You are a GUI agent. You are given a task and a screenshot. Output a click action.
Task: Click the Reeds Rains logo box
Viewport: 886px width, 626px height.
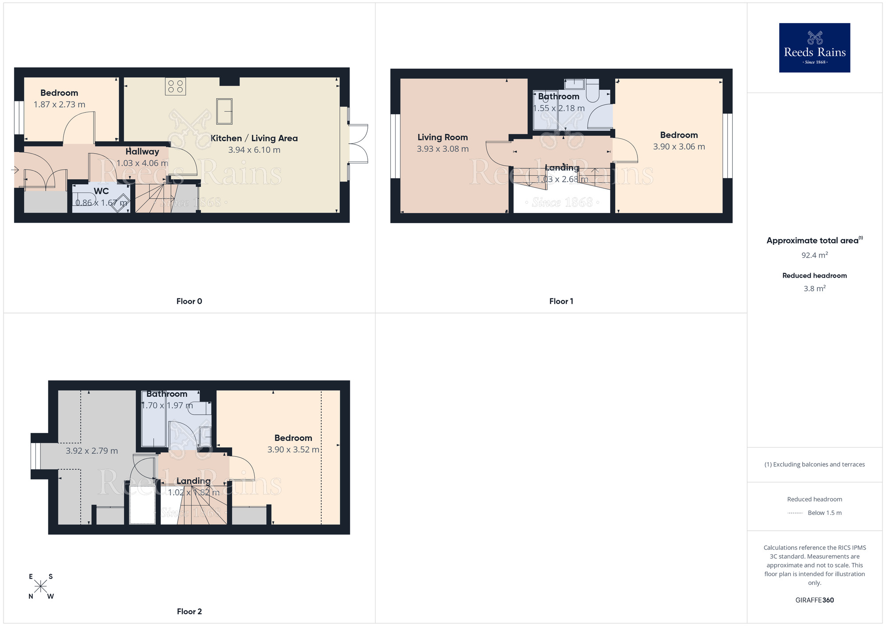pyautogui.click(x=814, y=48)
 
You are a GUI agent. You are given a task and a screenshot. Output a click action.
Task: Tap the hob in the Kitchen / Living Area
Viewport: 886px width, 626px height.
pyautogui.click(x=175, y=86)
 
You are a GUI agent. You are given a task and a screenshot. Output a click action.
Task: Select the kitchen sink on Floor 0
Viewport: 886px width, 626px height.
pyautogui.click(x=224, y=111)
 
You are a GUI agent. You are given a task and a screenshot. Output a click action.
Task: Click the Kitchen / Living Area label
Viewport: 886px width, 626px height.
pyautogui.click(x=254, y=138)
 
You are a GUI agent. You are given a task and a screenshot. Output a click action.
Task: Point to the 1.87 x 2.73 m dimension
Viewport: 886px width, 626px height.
pyautogui.click(x=59, y=104)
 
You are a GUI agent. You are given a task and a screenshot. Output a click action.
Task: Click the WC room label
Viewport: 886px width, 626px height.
pyautogui.click(x=101, y=191)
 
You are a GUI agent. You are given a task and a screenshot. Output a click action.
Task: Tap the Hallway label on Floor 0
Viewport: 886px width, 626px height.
pyautogui.click(x=142, y=151)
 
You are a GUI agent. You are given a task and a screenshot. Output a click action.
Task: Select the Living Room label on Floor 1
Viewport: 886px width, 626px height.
pyautogui.click(x=443, y=137)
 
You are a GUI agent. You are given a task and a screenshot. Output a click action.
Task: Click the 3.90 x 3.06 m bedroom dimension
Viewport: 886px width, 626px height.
pyautogui.click(x=679, y=147)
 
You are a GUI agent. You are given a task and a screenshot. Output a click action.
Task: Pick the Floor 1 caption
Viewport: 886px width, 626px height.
pyautogui.click(x=561, y=301)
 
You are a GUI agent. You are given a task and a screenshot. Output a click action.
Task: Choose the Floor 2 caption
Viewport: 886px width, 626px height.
pyautogui.click(x=189, y=611)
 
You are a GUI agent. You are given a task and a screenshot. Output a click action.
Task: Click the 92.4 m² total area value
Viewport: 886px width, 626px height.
pyautogui.click(x=814, y=255)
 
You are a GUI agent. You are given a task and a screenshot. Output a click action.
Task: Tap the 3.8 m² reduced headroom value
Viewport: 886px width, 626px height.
pyautogui.click(x=814, y=289)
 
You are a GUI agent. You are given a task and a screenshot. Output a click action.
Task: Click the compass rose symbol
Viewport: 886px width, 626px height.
pyautogui.click(x=41, y=587)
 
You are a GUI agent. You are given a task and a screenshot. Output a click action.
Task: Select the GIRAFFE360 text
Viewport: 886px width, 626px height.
pyautogui.click(x=814, y=600)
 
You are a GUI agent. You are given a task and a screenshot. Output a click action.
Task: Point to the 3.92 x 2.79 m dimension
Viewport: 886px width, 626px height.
pyautogui.click(x=92, y=451)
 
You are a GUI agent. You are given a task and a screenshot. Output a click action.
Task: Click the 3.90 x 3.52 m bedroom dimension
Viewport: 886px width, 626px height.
pyautogui.click(x=293, y=449)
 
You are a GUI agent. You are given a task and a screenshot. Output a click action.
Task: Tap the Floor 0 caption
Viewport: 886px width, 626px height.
pyautogui.click(x=189, y=301)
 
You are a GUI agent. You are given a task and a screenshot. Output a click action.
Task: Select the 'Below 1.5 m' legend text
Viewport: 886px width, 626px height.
pyautogui.click(x=824, y=513)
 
